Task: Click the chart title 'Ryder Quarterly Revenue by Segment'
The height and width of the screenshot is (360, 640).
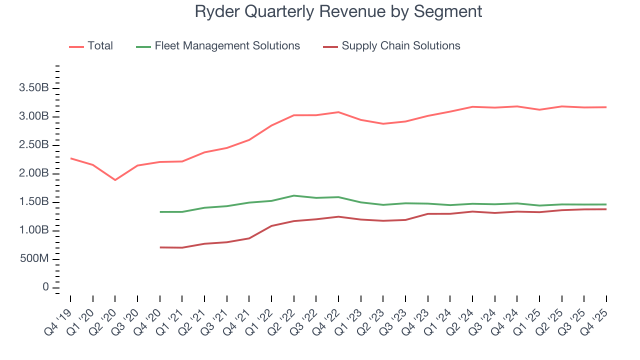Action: (338, 11)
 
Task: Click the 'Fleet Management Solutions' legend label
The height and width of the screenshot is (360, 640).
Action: (227, 46)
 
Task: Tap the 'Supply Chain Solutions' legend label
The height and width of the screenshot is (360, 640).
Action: (400, 46)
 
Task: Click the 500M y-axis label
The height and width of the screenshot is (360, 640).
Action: (33, 259)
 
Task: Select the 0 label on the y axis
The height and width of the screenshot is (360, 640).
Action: (45, 287)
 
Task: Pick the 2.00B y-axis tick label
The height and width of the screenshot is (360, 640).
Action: (33, 173)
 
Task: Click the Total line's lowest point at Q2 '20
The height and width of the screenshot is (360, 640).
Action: (115, 180)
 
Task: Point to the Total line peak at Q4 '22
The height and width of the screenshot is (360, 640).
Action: (338, 112)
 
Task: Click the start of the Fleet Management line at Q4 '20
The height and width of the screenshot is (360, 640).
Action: (160, 212)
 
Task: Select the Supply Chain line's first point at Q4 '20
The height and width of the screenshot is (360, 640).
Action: (160, 247)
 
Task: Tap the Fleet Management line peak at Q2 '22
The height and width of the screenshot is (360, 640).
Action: (293, 195)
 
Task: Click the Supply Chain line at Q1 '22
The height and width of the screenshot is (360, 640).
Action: (271, 226)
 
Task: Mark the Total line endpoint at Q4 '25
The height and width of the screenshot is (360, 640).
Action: (606, 107)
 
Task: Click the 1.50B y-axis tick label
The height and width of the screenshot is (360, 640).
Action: (33, 202)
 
